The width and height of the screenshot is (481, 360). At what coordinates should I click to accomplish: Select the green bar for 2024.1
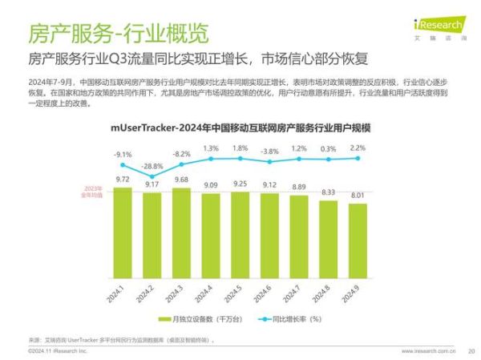coord(123,233)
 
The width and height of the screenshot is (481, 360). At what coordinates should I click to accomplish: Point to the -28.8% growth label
coord(152,166)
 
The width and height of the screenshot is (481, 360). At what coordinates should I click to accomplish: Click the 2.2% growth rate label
coord(358,148)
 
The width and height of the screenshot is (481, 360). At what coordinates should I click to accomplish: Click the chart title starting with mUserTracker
coord(240,128)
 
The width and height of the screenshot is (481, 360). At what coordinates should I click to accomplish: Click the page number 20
coord(471,350)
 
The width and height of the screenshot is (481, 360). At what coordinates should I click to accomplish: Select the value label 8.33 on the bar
coord(328,192)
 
